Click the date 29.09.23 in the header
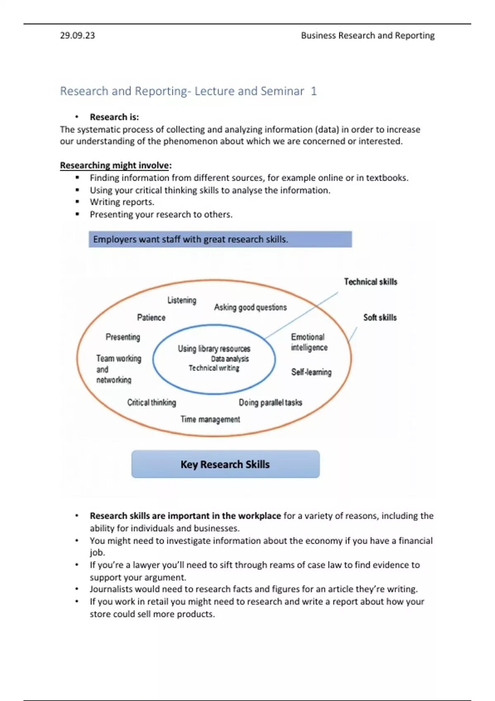coord(77,35)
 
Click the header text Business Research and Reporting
coord(368,35)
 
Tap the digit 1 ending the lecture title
coord(314,91)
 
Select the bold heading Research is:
coord(114,117)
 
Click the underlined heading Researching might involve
coord(115,165)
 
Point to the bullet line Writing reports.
coord(122,202)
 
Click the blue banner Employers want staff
coord(220,239)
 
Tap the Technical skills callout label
coord(370,282)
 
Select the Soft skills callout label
coord(379,318)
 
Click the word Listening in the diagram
coord(181,300)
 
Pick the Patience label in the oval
coord(151,318)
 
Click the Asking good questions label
coord(250,307)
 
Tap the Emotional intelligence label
coord(309,342)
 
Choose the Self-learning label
coord(311,372)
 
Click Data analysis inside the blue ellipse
coord(230,359)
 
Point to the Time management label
coord(210,419)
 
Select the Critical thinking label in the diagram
coord(151,402)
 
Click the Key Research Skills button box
coord(225,464)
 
